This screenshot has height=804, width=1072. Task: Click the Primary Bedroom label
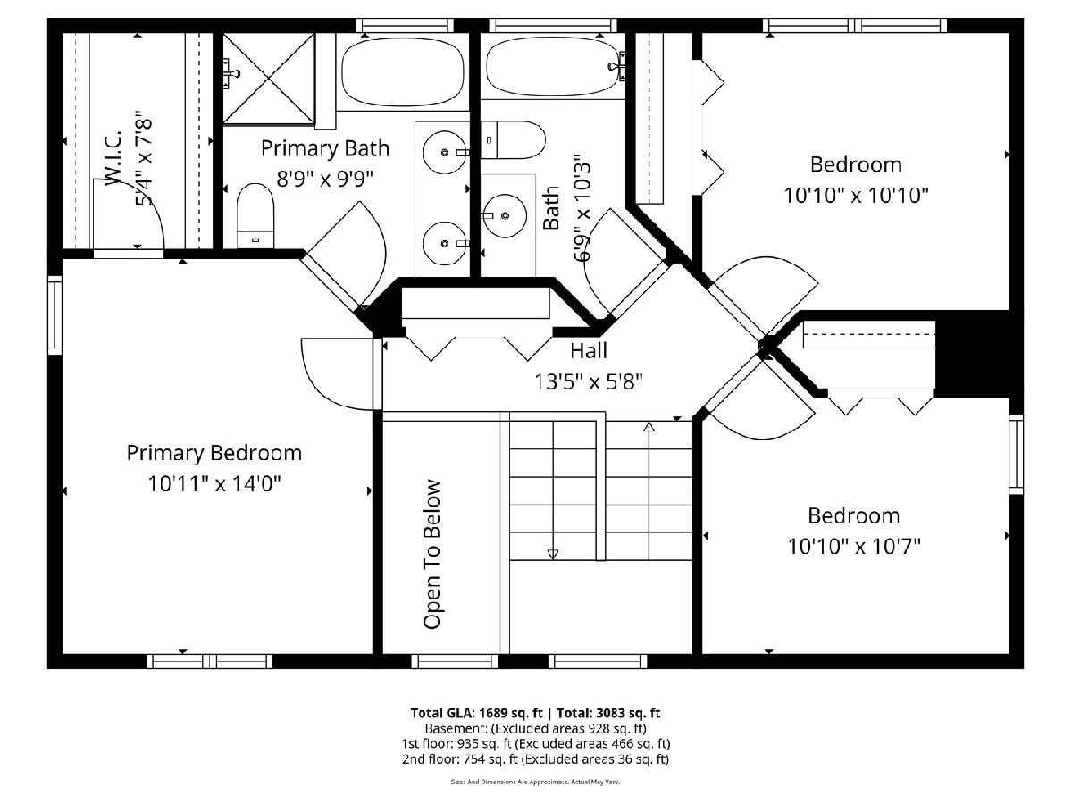[x=214, y=454]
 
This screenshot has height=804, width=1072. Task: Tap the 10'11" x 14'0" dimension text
[x=214, y=484]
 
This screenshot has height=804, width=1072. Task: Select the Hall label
[x=589, y=350]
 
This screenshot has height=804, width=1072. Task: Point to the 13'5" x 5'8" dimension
[x=589, y=381]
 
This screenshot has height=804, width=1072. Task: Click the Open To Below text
[x=432, y=554]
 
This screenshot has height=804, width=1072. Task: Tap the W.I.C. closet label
[x=113, y=156]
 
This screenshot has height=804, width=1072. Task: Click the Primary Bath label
[x=325, y=148]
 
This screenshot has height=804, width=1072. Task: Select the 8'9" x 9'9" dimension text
[x=325, y=179]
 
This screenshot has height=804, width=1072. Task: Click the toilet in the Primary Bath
[x=255, y=216]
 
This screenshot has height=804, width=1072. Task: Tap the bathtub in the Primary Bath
[x=402, y=71]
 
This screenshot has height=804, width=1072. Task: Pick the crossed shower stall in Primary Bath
[x=269, y=80]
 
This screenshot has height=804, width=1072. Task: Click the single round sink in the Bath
[x=506, y=215]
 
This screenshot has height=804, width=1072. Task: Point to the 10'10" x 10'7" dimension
[x=854, y=546]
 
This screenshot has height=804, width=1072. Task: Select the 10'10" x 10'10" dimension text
[x=856, y=196]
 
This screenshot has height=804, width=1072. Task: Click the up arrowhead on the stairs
[x=649, y=427]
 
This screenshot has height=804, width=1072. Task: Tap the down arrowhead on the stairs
[x=553, y=554]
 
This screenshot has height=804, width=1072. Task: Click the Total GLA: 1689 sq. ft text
[x=476, y=713]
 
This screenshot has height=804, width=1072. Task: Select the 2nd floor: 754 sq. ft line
[x=535, y=759]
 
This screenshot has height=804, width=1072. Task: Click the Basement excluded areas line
[x=535, y=728]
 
